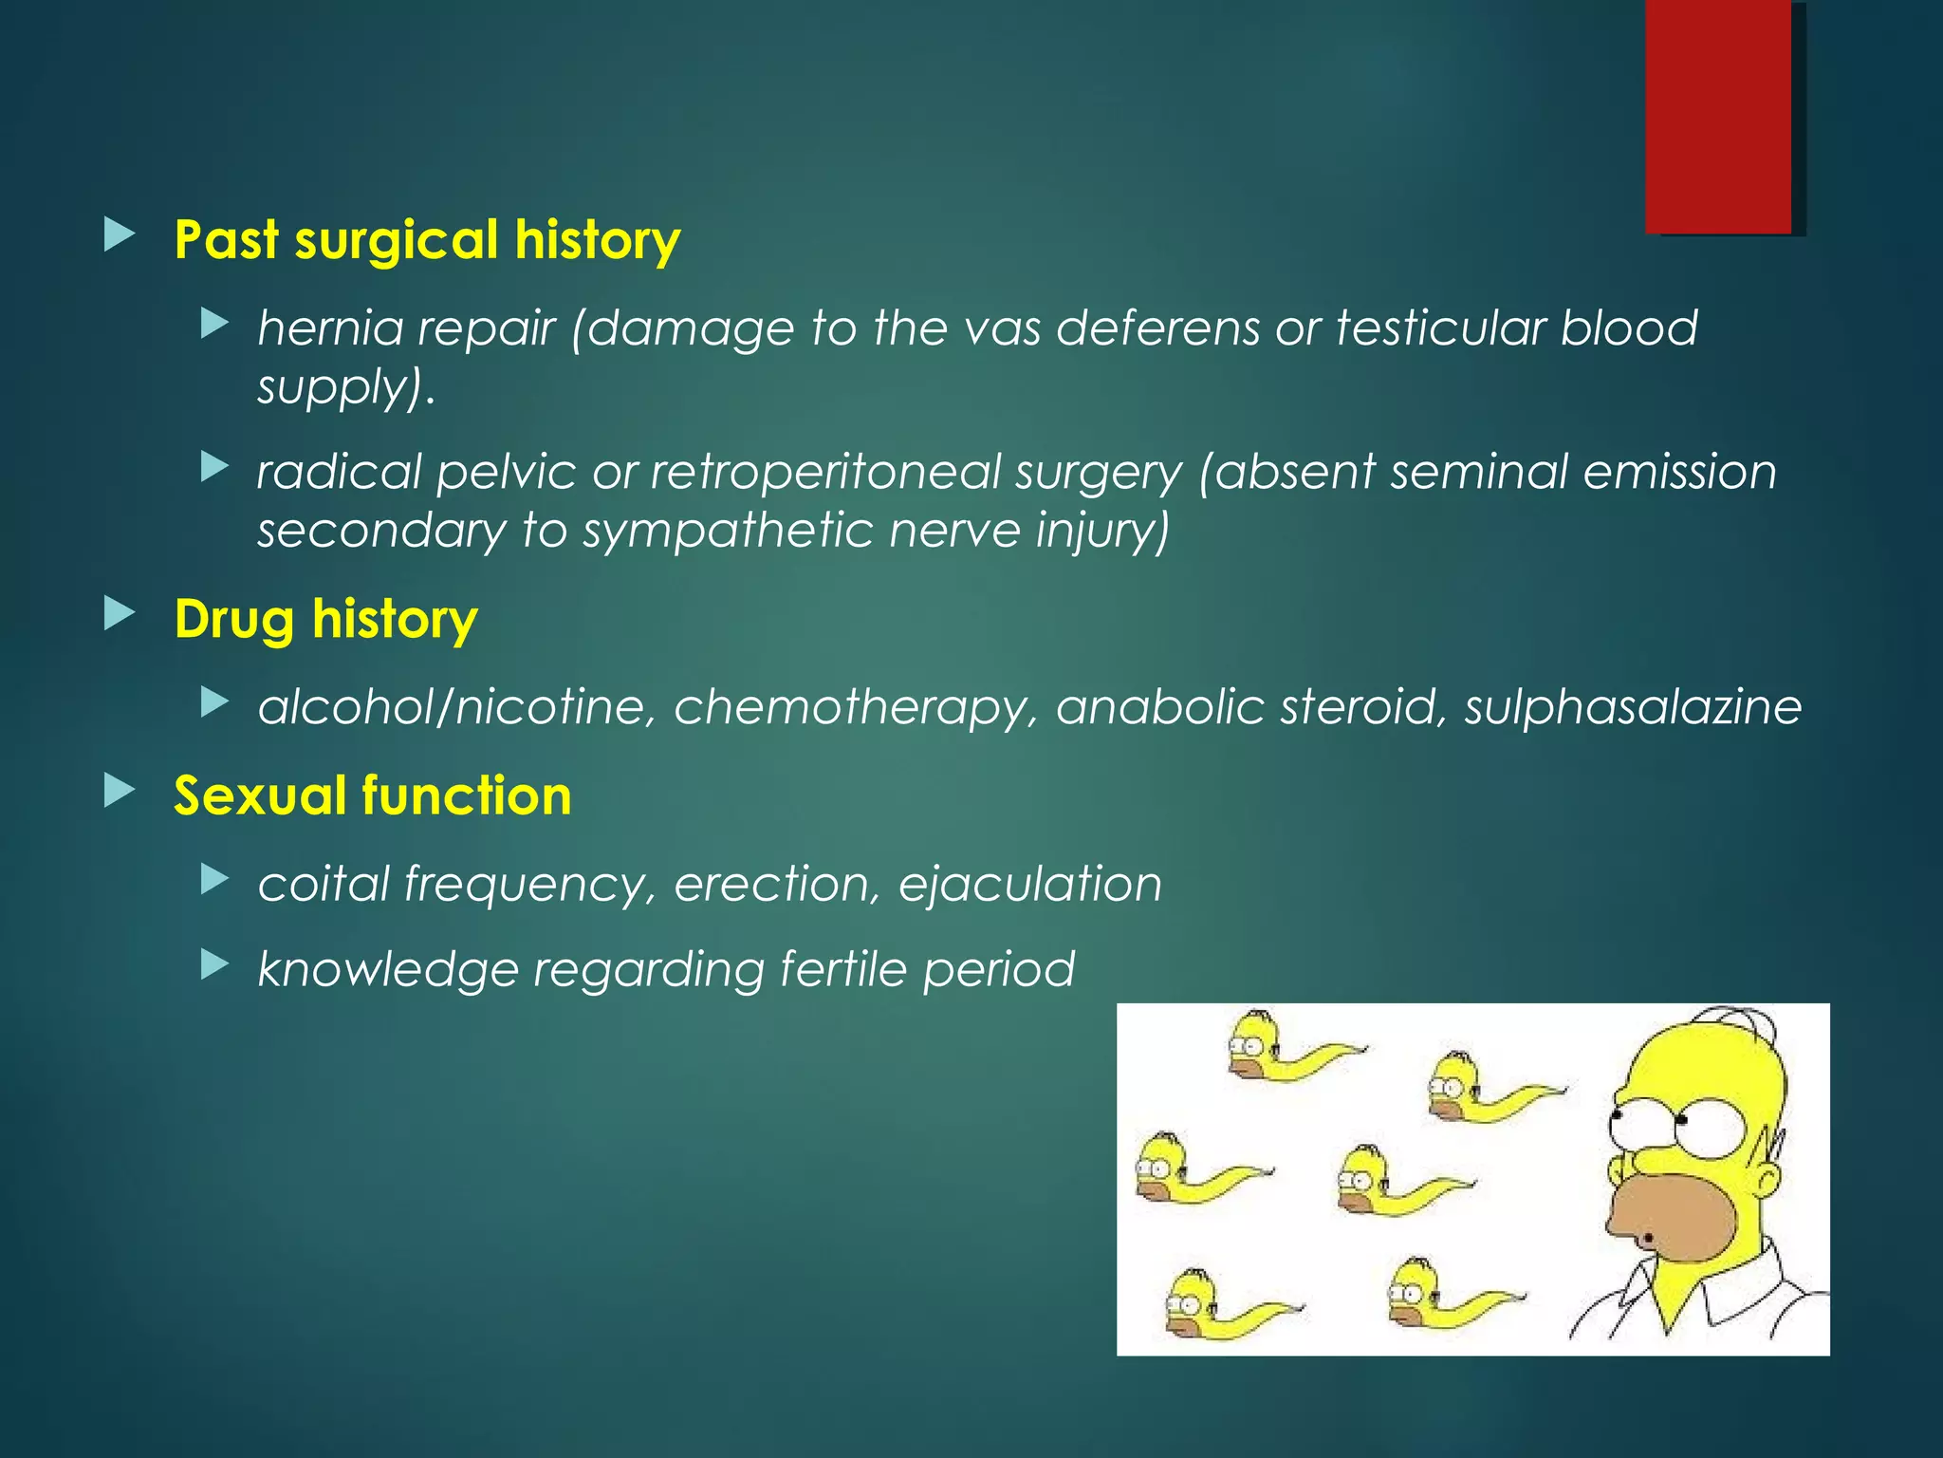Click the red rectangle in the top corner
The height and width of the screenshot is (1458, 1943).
tap(1718, 116)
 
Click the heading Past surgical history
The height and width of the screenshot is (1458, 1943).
tap(427, 239)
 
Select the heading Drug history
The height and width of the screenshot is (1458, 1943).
tap(325, 619)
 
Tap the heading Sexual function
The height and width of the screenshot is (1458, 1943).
tap(373, 795)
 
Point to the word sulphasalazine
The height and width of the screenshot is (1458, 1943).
tap(1632, 707)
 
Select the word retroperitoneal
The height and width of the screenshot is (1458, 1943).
tap(825, 473)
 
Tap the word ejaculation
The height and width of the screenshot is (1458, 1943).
tap(1029, 885)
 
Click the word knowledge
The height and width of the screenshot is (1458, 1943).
tap(388, 970)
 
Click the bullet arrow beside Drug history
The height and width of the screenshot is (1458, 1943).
tap(120, 614)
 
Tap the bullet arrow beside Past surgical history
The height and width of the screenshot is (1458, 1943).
tap(120, 234)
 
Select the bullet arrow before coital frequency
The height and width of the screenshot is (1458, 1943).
tap(215, 880)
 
